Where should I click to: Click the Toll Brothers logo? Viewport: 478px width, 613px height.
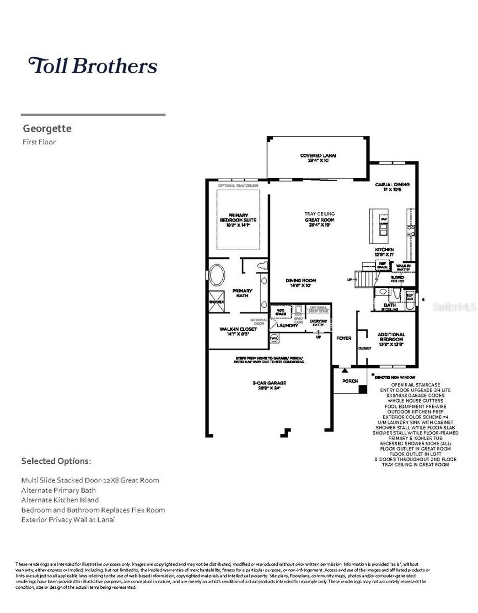92,65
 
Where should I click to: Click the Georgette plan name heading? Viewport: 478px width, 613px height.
47,128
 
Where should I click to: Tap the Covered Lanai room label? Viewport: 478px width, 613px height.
318,158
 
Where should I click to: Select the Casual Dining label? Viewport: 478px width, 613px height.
392,187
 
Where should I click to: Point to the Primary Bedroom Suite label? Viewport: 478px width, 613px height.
238,220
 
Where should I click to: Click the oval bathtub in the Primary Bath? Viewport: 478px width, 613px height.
216,276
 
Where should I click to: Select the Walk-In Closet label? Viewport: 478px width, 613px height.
238,331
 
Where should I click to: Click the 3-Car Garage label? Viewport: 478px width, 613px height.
269,385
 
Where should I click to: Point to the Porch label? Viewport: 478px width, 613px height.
350,381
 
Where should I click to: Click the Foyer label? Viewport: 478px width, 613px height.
344,338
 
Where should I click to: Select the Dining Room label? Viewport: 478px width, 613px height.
301,283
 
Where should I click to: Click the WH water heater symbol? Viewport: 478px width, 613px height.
274,337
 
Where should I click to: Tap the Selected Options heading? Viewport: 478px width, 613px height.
56,461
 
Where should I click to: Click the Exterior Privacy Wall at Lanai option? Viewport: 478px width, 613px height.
68,520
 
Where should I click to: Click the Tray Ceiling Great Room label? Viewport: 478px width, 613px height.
320,219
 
